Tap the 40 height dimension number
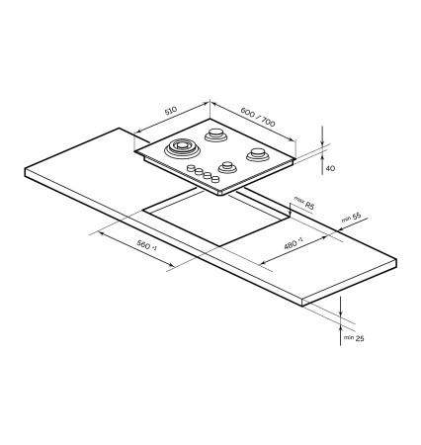pos(330,169)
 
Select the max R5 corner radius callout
pos(303,204)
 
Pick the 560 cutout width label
pos(150,251)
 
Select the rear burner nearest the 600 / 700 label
pos(216,134)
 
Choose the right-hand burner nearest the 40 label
pos(258,154)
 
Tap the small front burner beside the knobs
pos(228,165)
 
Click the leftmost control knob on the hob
pos(190,169)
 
